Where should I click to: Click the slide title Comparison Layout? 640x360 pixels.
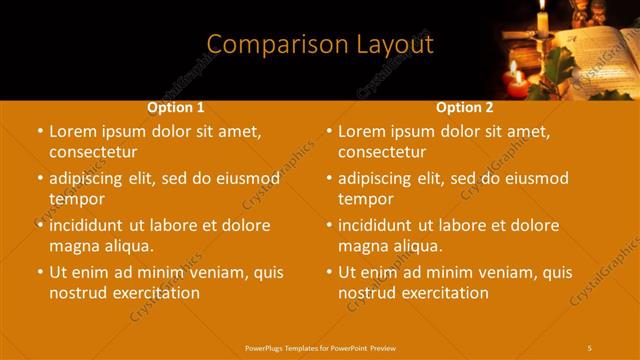(x=320, y=45)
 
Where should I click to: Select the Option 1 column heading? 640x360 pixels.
(x=176, y=107)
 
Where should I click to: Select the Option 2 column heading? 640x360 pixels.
(x=464, y=107)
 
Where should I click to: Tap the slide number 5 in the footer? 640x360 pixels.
(x=590, y=346)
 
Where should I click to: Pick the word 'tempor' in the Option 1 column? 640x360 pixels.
(x=77, y=199)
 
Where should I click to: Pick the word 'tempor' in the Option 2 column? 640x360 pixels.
(x=366, y=199)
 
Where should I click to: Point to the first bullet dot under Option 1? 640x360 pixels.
(x=39, y=132)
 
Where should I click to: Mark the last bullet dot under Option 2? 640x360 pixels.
(x=328, y=272)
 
